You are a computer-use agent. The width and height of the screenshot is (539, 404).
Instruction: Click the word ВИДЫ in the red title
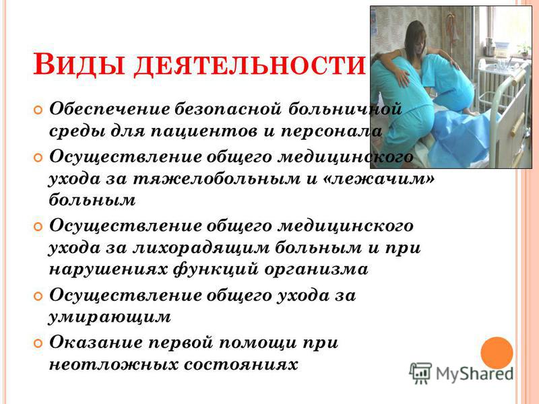pyautogui.click(x=79, y=64)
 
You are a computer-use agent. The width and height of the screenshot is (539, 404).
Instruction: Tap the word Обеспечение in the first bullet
pyautogui.click(x=110, y=109)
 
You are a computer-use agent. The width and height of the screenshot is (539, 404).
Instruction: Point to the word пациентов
pyautogui.click(x=204, y=132)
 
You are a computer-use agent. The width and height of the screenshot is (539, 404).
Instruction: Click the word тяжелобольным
pyautogui.click(x=216, y=179)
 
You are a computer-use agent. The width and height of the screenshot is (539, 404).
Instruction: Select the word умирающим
pyautogui.click(x=109, y=317)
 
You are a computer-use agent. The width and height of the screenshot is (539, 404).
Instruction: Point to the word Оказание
pyautogui.click(x=96, y=343)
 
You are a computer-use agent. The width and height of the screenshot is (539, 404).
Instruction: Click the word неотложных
pyautogui.click(x=114, y=364)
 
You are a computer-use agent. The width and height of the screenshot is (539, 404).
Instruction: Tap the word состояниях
pyautogui.click(x=241, y=364)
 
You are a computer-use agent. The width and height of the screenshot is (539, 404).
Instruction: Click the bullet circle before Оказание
pyautogui.click(x=38, y=343)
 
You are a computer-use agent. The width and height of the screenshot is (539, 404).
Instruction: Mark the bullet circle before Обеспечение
pyautogui.click(x=38, y=110)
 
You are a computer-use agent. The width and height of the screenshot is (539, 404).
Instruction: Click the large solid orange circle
pyautogui.click(x=497, y=353)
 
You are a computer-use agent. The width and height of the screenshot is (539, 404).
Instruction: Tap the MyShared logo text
pyautogui.click(x=475, y=374)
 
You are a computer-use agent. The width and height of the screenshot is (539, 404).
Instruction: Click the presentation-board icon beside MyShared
pyautogui.click(x=420, y=373)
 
